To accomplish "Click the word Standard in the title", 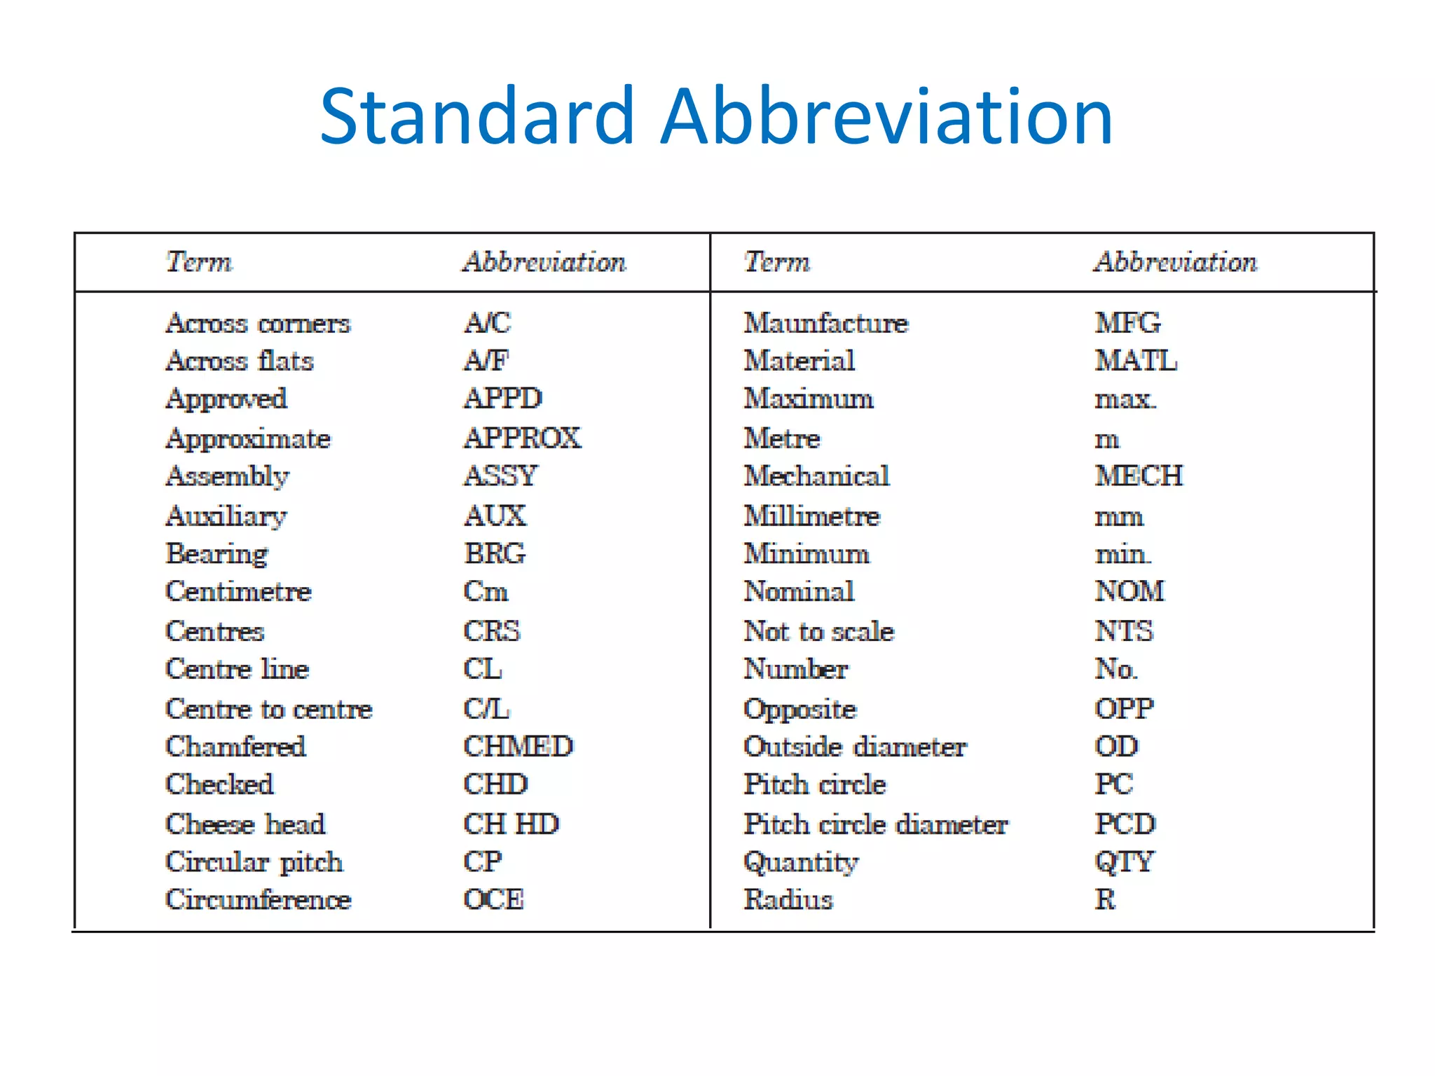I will click(x=476, y=116).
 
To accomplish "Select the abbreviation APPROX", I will click(x=523, y=438).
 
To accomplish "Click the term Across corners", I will click(x=258, y=323).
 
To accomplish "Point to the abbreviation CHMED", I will click(x=519, y=746).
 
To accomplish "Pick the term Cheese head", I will click(x=245, y=824).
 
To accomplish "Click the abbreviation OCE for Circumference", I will click(x=494, y=899).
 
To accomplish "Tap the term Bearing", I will click(x=217, y=553).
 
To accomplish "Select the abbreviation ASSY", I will click(x=501, y=476).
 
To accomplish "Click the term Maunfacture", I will click(x=825, y=323).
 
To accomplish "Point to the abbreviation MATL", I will click(x=1136, y=361).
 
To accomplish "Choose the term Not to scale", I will click(x=818, y=631).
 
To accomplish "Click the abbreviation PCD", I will click(x=1125, y=824).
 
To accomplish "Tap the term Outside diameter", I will click(x=855, y=746).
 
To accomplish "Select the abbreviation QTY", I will click(x=1124, y=862).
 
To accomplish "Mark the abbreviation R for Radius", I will click(x=1105, y=899).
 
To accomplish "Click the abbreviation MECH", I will click(x=1139, y=476).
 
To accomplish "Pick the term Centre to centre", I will click(x=268, y=709).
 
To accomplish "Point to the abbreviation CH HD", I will click(x=511, y=824).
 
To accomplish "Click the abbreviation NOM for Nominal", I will click(x=1130, y=591).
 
